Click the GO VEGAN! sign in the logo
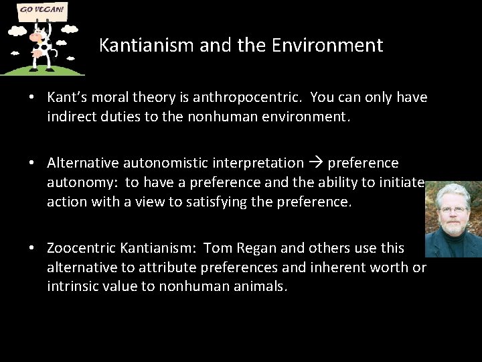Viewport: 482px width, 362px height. click(x=42, y=11)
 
